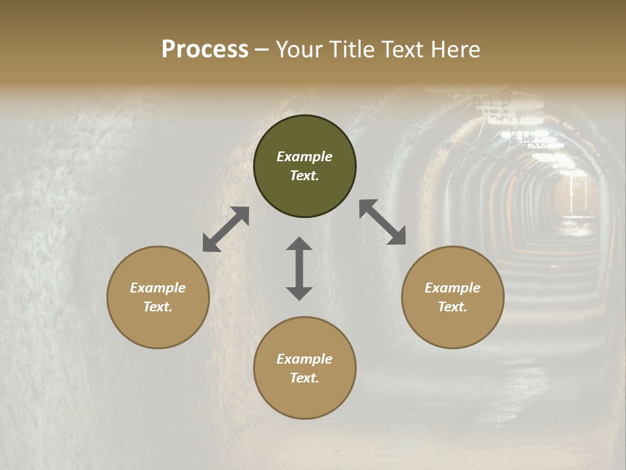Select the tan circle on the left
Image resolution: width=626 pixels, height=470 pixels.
click(x=158, y=297)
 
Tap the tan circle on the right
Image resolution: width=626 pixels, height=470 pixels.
click(x=453, y=297)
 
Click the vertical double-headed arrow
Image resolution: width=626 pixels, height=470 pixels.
click(x=299, y=268)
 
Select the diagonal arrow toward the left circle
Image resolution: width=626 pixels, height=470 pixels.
click(x=226, y=229)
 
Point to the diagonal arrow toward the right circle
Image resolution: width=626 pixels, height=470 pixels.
click(x=383, y=222)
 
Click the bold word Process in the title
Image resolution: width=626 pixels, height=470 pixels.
click(x=205, y=49)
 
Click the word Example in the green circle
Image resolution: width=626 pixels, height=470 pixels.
click(x=305, y=157)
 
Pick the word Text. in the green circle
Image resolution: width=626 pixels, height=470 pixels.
click(x=305, y=176)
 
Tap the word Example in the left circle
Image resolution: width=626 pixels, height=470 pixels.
click(x=158, y=288)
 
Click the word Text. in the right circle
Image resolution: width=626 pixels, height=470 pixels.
click(x=453, y=307)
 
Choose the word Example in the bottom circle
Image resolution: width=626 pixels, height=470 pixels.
click(x=305, y=359)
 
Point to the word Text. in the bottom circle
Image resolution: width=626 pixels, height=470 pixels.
click(x=305, y=378)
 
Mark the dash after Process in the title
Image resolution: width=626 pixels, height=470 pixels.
click(x=262, y=50)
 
